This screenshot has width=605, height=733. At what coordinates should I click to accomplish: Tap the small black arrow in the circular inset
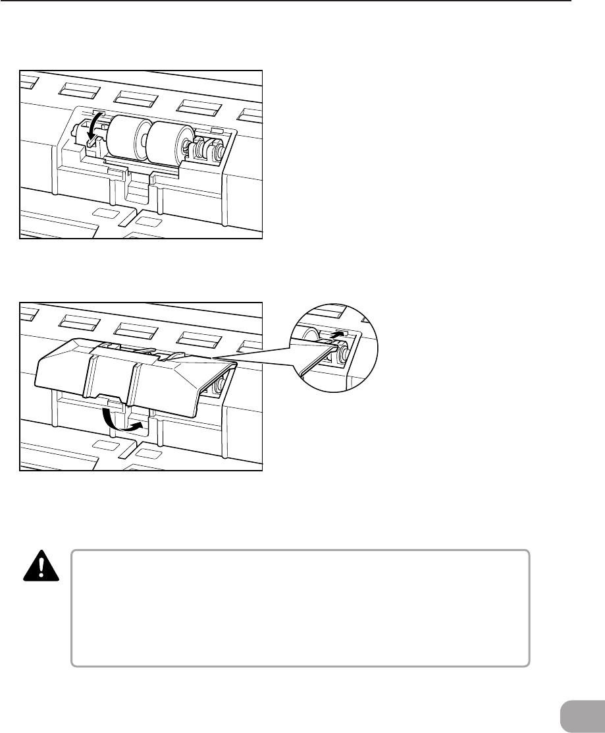click(336, 336)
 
